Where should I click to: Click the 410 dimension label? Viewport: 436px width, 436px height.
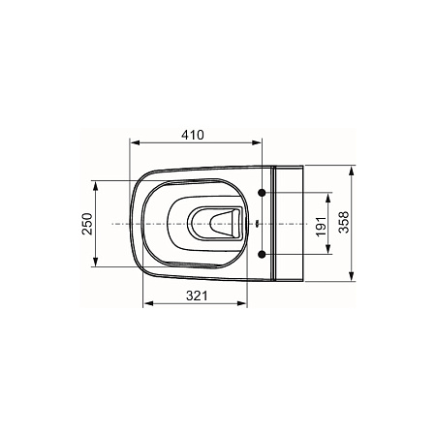tap(193, 135)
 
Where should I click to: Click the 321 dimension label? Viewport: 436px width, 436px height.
tap(197, 296)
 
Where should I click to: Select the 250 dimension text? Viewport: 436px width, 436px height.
tap(87, 224)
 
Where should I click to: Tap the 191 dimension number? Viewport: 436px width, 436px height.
tap(322, 226)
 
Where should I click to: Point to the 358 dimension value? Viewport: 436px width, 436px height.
tap(344, 222)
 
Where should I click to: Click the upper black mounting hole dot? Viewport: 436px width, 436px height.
tap(262, 193)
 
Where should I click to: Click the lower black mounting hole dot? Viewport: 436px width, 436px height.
tap(262, 255)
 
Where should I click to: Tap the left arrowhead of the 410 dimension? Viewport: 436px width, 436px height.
tap(135, 142)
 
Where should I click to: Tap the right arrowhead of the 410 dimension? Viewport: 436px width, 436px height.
tap(257, 142)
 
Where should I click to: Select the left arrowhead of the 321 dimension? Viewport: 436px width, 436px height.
tap(148, 303)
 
